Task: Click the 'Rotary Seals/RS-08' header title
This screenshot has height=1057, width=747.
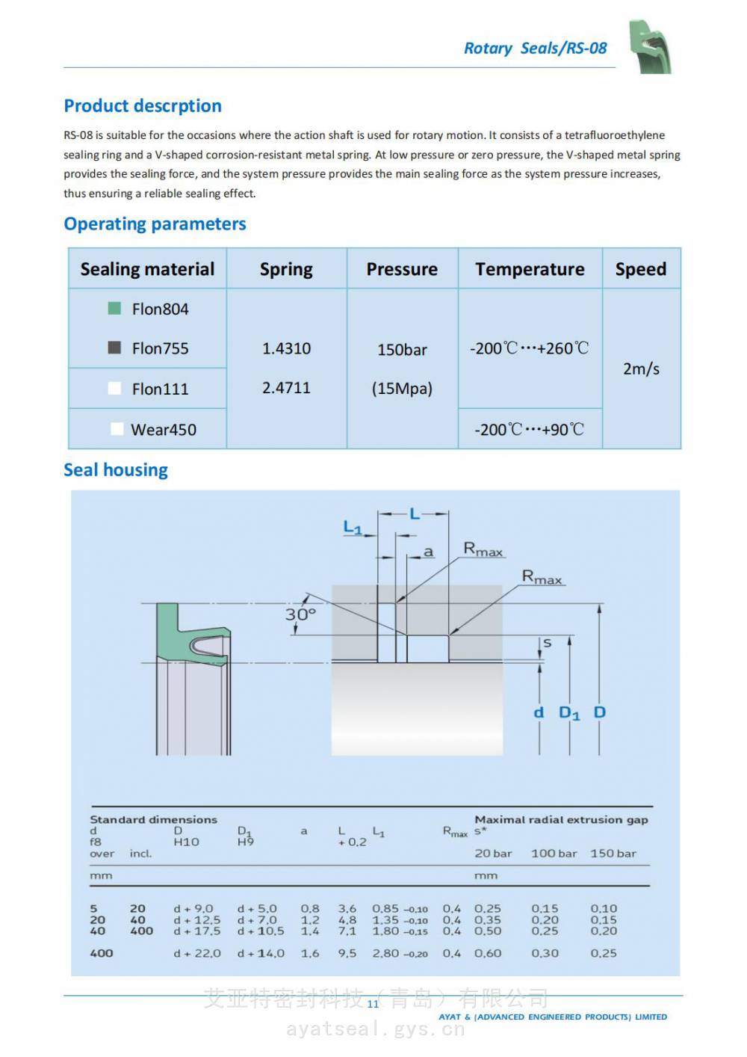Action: (x=535, y=49)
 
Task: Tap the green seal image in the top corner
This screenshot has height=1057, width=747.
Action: (x=649, y=46)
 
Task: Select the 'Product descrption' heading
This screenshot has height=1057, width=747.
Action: (x=143, y=106)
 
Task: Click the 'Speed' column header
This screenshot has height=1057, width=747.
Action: (x=640, y=269)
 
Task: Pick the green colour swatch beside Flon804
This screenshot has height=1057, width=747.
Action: (x=114, y=308)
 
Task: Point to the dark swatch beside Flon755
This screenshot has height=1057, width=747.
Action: (x=114, y=348)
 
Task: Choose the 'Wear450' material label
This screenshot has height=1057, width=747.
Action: (x=164, y=430)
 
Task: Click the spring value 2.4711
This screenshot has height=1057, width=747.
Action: (x=286, y=388)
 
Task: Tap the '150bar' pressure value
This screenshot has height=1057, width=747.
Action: (x=402, y=350)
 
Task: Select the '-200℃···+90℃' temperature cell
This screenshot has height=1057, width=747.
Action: (x=529, y=430)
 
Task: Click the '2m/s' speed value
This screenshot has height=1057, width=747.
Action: (x=641, y=369)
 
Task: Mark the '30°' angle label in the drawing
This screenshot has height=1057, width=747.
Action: (x=300, y=614)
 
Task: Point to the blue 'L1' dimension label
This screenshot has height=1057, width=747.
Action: (x=353, y=528)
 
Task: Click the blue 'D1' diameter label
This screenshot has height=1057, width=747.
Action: (x=569, y=713)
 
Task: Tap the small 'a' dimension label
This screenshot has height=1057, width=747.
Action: (x=428, y=552)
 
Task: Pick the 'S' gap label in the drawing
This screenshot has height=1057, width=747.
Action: (x=548, y=643)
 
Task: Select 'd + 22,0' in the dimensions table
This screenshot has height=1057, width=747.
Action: (x=197, y=954)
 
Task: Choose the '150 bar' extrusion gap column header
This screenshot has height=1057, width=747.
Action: (x=613, y=854)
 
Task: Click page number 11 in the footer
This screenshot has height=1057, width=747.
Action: (x=373, y=1004)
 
